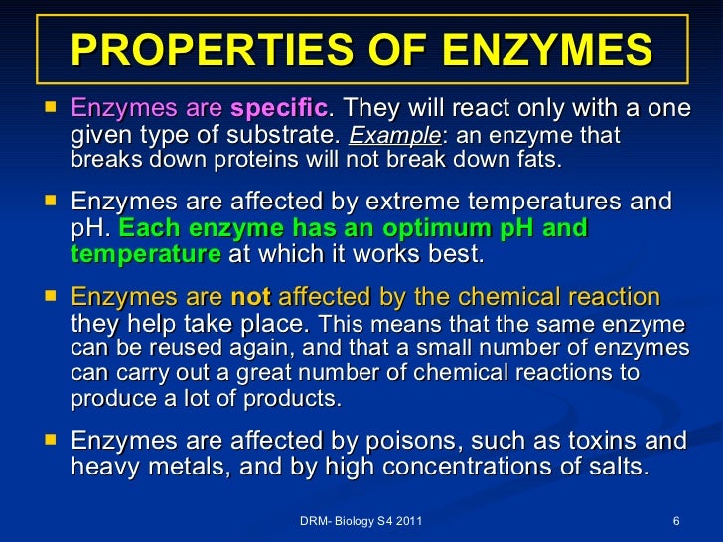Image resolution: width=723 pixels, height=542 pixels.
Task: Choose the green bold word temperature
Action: (146, 254)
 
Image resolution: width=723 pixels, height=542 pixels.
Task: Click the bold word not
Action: (251, 297)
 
